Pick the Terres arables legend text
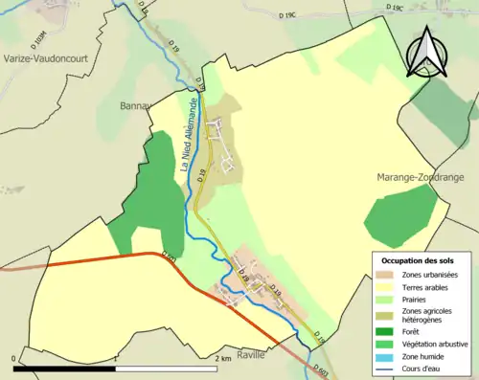click(x=432, y=287)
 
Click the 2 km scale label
click(x=222, y=358)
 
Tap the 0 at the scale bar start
click(x=14, y=358)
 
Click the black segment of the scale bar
click(x=66, y=369)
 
